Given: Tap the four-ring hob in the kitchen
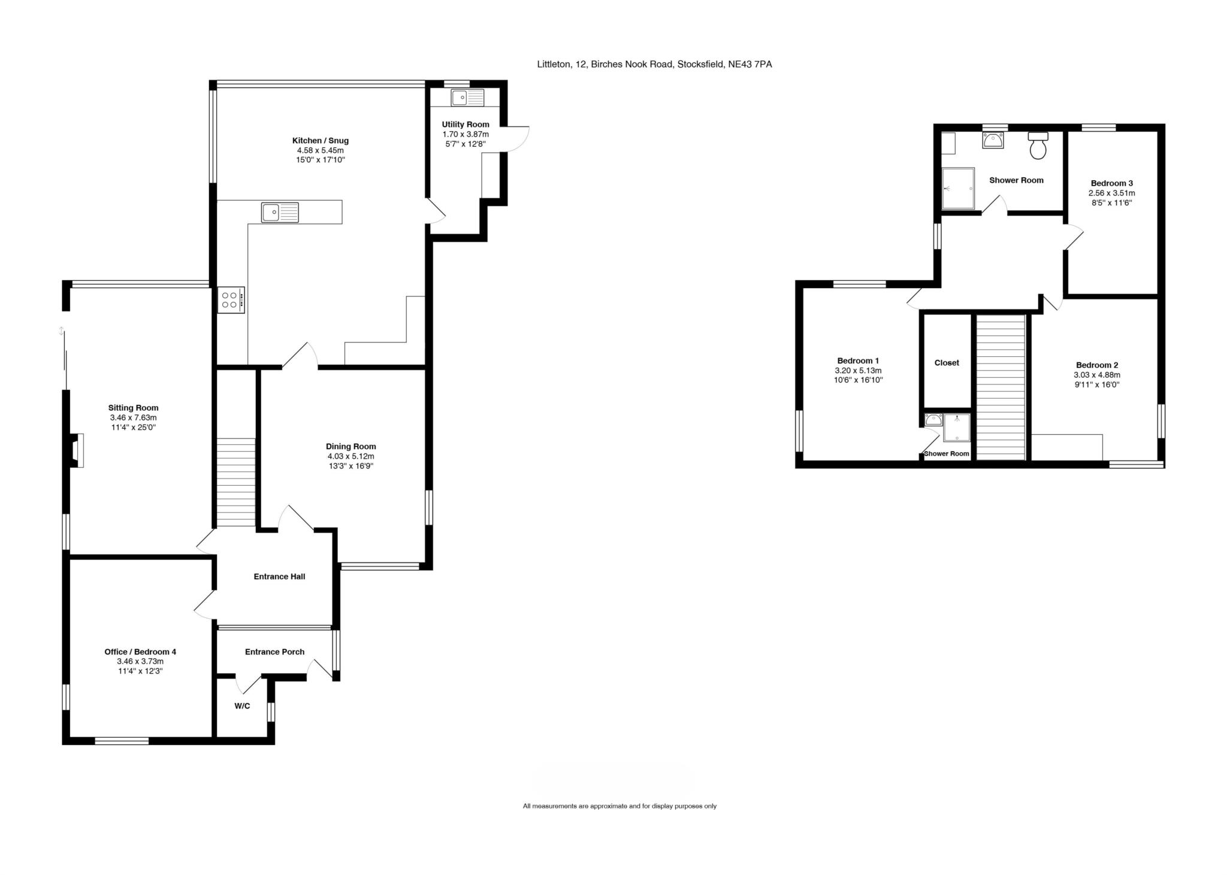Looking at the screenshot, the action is (x=231, y=300).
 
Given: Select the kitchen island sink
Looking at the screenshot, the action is (x=280, y=213).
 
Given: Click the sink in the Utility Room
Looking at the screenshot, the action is (x=467, y=98).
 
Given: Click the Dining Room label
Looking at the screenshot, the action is (x=351, y=446).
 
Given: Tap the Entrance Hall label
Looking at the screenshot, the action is (x=279, y=577).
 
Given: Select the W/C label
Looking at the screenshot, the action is (x=242, y=706).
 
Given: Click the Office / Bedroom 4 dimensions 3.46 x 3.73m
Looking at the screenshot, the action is (x=140, y=661).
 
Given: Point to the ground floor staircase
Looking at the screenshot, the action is (x=235, y=482).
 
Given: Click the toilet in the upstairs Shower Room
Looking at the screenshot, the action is (x=1038, y=146).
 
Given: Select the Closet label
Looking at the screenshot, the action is (x=947, y=363).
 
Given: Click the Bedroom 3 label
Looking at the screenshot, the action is (x=1111, y=183).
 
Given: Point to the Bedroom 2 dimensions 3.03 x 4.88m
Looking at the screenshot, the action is (x=1097, y=375).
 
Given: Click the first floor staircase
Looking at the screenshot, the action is (x=1001, y=387).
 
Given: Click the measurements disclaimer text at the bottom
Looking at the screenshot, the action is (x=619, y=806).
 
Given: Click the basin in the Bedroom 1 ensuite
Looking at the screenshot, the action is (x=933, y=419).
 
